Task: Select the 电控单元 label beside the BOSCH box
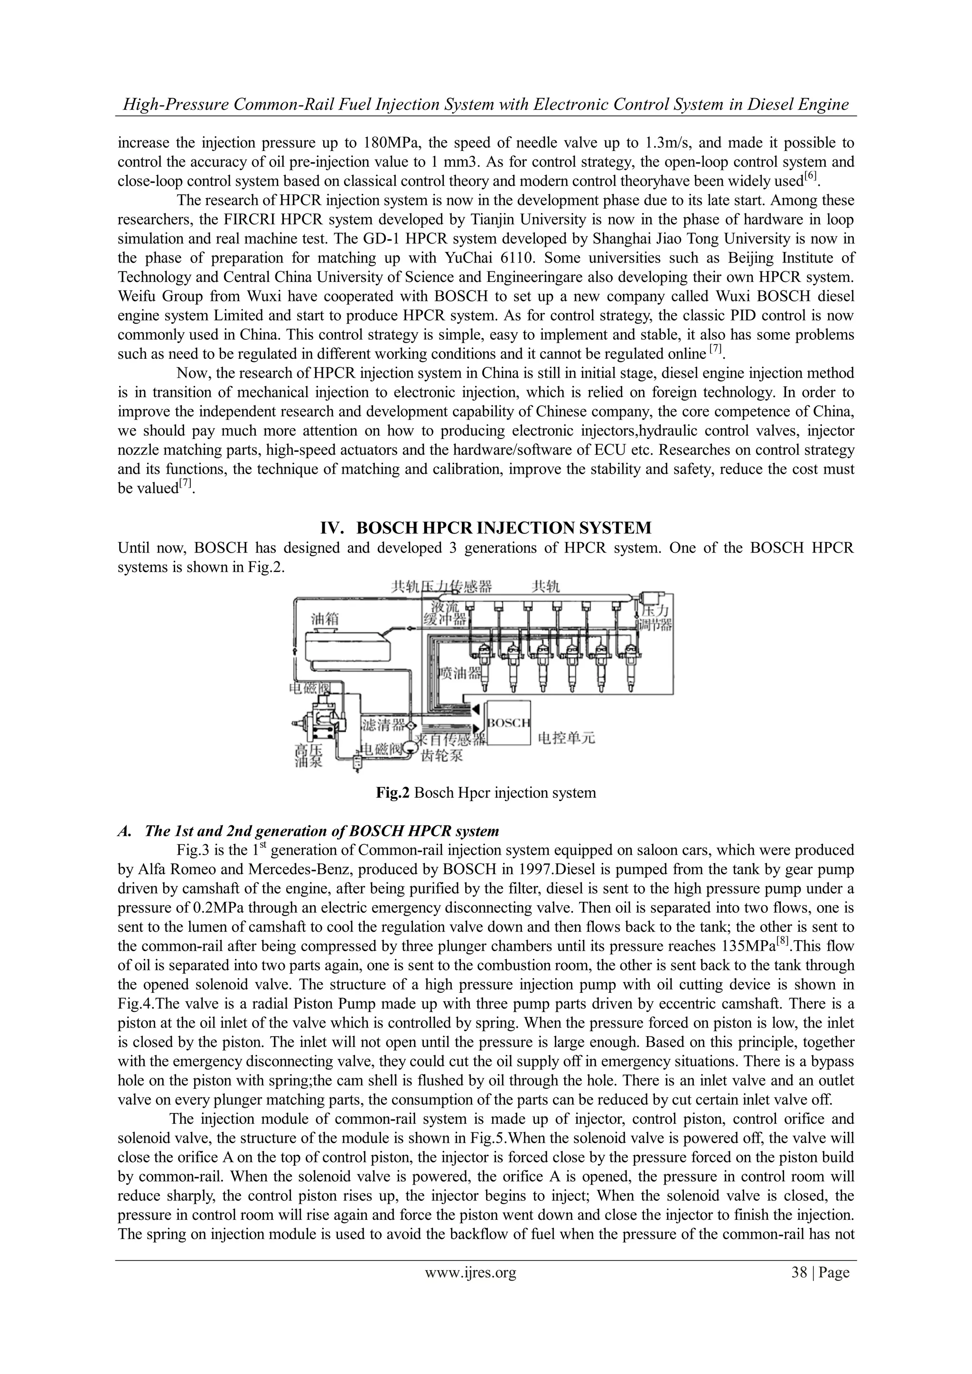point(566,738)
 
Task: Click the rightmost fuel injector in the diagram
point(630,664)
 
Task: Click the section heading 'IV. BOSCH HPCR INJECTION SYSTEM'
point(486,528)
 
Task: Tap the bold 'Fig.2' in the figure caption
point(392,794)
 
